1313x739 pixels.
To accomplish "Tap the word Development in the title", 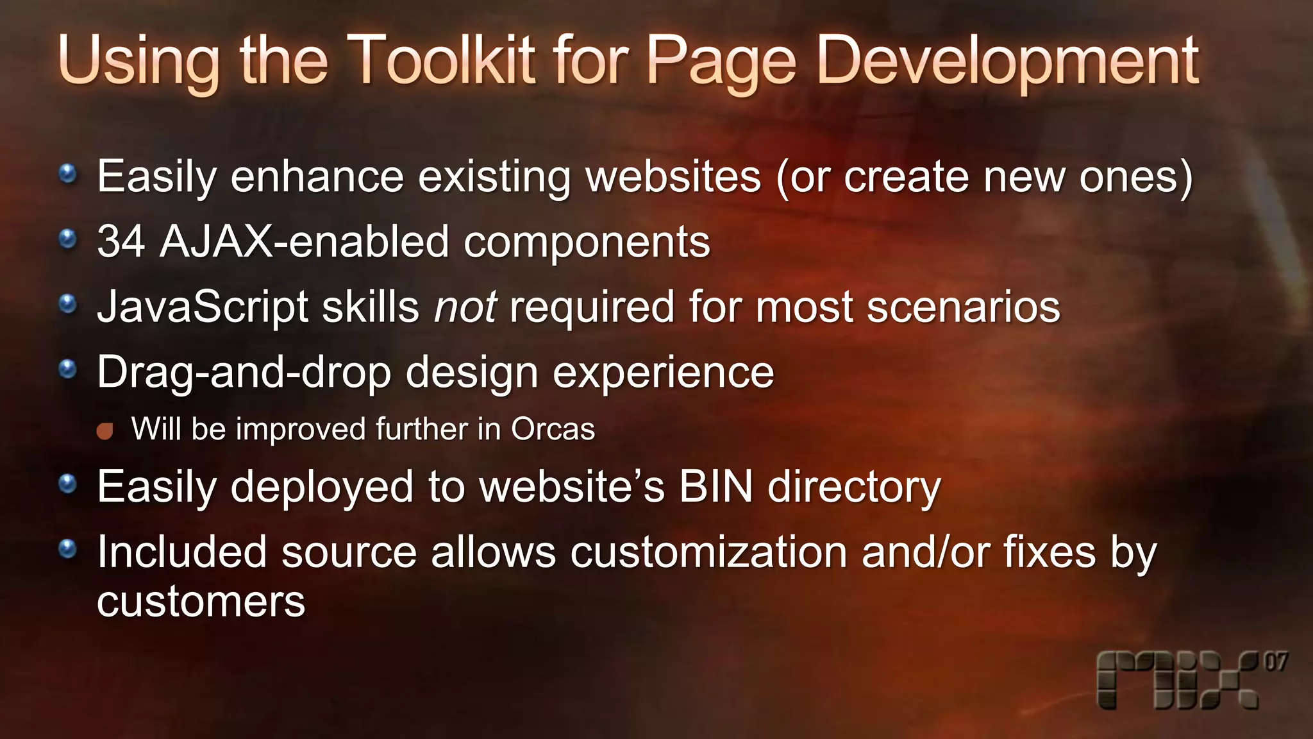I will pos(1007,61).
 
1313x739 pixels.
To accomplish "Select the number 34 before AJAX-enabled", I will pos(121,242).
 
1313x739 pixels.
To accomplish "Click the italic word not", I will pos(465,307).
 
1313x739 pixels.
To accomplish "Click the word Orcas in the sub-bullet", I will pos(553,429).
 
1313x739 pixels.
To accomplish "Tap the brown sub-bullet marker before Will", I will pos(105,430).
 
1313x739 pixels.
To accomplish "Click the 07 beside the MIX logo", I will pos(1275,661).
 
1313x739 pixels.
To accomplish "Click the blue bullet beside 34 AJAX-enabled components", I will pos(67,239).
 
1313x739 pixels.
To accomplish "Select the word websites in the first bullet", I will pos(673,176).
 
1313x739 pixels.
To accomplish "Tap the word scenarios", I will pos(963,307).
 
